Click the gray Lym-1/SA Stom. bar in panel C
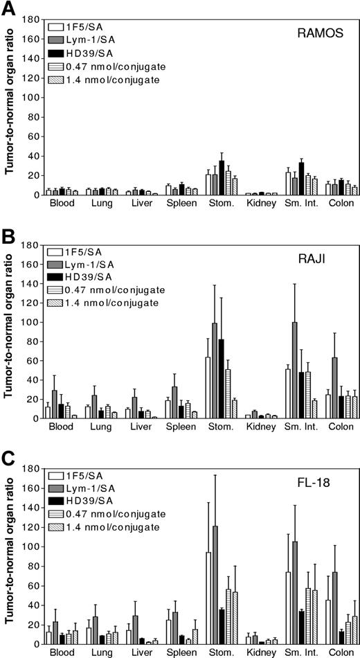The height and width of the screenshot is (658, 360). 215,585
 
